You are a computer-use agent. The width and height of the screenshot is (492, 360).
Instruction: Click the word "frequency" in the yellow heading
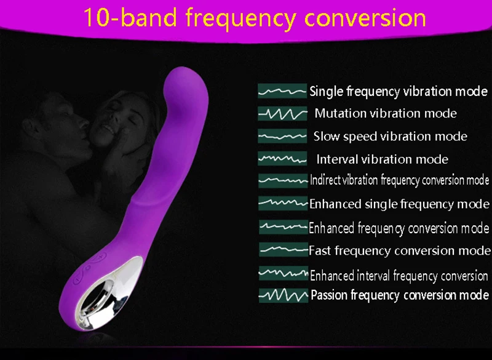240,19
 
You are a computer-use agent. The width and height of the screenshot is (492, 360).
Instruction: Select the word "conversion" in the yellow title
365,18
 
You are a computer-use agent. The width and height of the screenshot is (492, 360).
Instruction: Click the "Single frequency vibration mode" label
399,91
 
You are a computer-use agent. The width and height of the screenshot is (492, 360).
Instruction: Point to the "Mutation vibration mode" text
386,113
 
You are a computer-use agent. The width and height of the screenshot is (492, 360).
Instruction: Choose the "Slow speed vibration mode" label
391,136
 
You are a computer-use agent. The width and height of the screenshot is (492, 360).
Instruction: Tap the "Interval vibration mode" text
382,159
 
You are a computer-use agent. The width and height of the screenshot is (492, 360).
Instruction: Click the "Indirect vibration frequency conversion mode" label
399,180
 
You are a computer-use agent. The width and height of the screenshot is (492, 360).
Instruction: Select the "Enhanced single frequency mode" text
399,204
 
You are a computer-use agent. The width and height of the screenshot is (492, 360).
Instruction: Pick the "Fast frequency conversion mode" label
399,250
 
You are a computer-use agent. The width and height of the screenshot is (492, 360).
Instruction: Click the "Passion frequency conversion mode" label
400,295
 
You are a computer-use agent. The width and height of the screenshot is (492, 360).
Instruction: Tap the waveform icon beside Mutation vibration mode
282,113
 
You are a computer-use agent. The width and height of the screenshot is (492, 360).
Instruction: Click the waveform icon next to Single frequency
282,91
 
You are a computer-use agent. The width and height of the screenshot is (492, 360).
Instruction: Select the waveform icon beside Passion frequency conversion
284,295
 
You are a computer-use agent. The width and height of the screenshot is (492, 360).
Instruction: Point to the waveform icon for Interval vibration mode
282,159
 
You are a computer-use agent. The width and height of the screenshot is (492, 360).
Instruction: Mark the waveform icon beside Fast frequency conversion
284,249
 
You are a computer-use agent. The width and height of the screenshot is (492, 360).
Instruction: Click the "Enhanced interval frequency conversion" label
399,276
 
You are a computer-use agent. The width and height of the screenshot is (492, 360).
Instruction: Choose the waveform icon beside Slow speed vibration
282,136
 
